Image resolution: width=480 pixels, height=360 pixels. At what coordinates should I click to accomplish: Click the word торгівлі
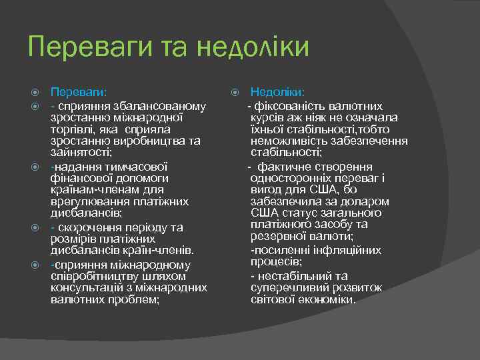pos(73,129)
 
